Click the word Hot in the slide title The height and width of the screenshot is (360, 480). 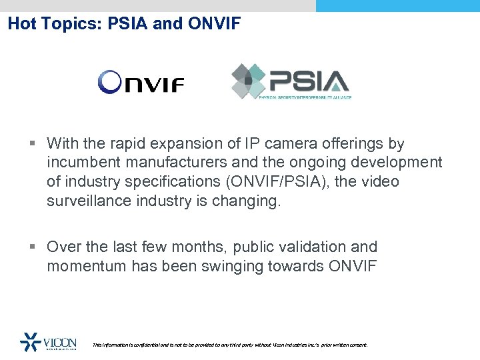point(22,25)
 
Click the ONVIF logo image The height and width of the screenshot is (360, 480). point(141,83)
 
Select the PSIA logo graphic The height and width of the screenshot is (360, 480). point(291,81)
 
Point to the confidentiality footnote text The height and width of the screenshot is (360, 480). point(229,345)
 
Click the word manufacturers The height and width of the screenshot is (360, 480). point(177,163)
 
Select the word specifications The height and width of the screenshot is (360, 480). point(165,182)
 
